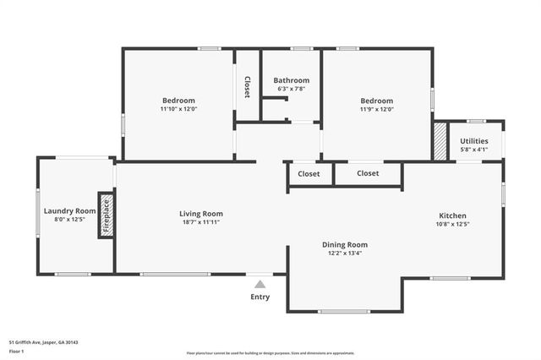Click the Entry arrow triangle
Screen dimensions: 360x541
coord(260,284)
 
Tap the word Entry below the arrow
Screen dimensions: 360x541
coord(260,297)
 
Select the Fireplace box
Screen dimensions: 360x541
coord(107,215)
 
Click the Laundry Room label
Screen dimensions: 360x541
coord(69,210)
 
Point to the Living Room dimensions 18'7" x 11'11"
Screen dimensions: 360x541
coord(200,222)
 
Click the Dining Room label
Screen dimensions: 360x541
coord(344,244)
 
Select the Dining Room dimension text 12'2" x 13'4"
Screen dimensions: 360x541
coord(344,254)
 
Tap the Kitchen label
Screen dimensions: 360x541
coord(452,215)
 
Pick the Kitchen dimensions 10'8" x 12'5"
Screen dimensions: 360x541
coord(452,224)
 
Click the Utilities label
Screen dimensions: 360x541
coord(473,141)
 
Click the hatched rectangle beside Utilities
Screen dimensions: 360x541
coord(440,141)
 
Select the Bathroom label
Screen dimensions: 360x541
coord(291,80)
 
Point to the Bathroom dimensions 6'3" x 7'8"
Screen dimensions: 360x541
coord(291,89)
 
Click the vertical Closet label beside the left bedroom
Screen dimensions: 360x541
coord(247,87)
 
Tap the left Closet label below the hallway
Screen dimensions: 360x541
coord(309,173)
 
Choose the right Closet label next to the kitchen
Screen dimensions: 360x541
coord(368,173)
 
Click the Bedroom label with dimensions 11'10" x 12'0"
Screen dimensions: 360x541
coord(178,100)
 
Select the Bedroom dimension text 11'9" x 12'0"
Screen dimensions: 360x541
coord(377,109)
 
